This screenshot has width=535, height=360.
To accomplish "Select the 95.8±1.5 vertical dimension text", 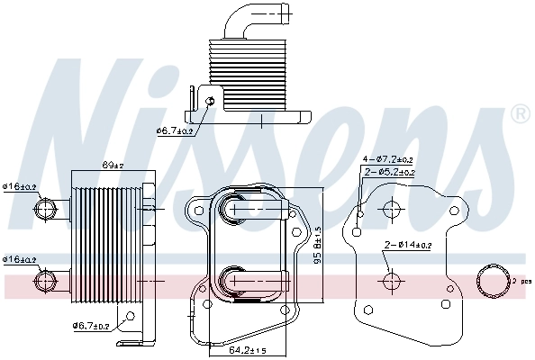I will (316, 247).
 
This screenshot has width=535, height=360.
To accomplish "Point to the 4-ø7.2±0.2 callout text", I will (389, 159).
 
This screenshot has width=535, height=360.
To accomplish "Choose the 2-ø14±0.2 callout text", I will (407, 244).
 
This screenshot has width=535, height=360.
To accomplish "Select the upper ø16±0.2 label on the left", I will (19, 186).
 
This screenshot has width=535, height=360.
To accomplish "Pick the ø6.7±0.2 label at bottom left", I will (91, 326).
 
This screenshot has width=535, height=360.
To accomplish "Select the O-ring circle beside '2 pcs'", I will (494, 282).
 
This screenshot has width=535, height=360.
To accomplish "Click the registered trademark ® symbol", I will (519, 114).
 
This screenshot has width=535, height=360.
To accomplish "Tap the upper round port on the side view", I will (45, 210).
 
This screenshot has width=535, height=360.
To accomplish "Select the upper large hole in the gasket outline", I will (391, 210).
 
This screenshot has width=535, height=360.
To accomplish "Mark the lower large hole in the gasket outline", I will (391, 282).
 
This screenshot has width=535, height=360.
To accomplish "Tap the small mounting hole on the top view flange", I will (210, 101).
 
